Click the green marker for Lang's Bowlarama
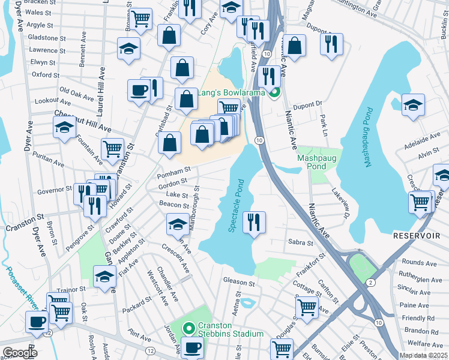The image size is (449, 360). click(x=274, y=92)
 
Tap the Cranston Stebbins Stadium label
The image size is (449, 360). click(x=231, y=334)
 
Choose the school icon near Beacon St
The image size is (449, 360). click(x=177, y=224)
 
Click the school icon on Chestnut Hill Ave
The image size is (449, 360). click(x=65, y=127)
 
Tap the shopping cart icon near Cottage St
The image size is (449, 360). click(x=307, y=307)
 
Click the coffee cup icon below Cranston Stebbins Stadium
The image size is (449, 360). click(x=193, y=347)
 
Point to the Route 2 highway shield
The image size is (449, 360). click(x=371, y=281)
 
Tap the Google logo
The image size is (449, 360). click(x=19, y=353)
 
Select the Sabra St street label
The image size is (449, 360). click(x=301, y=243)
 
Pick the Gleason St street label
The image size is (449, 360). click(x=238, y=281)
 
